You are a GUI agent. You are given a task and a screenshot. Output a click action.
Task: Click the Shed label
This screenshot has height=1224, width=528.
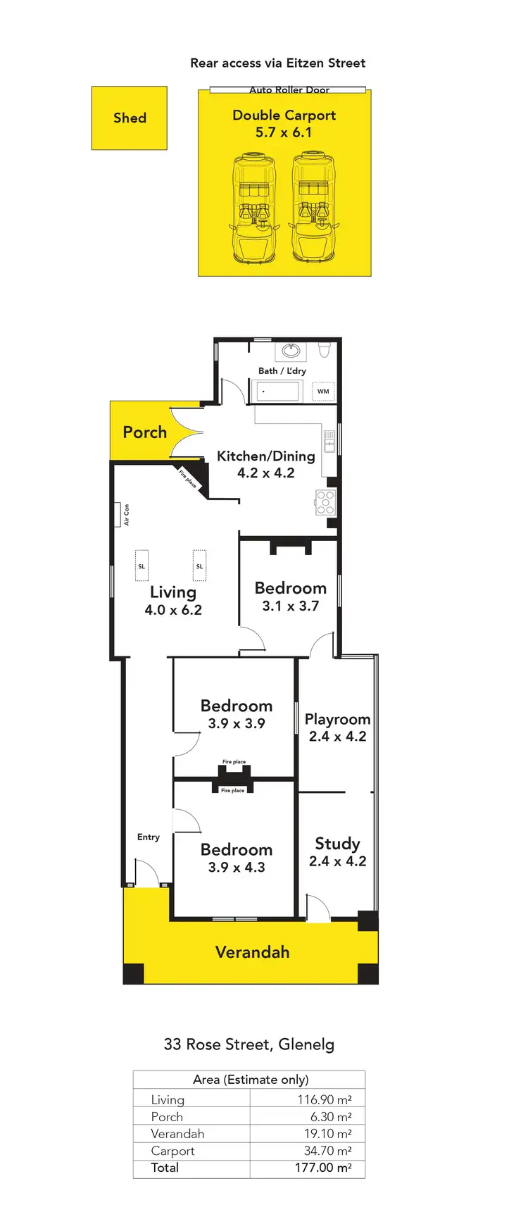pyautogui.click(x=130, y=118)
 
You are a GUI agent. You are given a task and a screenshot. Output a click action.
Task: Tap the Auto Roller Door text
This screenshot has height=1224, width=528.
pyautogui.click(x=289, y=90)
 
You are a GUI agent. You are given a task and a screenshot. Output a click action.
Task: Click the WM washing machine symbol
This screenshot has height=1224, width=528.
pyautogui.click(x=323, y=391)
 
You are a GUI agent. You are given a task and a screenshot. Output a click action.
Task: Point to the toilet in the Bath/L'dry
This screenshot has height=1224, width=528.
pyautogui.click(x=325, y=350)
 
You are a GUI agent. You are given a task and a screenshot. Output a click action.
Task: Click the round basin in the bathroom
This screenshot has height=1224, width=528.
pyautogui.click(x=291, y=351)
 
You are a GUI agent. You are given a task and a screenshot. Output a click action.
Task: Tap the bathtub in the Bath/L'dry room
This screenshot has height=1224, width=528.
pyautogui.click(x=278, y=391)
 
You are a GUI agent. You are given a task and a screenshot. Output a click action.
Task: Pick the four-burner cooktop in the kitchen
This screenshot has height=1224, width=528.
pyautogui.click(x=325, y=501)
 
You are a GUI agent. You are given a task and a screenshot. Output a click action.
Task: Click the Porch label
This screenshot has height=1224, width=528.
pyautogui.click(x=145, y=432)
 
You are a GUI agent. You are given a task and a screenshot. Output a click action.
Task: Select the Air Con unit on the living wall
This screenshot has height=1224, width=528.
pyautogui.click(x=118, y=514)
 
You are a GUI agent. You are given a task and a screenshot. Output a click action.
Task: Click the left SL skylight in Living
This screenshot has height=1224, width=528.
pyautogui.click(x=142, y=566)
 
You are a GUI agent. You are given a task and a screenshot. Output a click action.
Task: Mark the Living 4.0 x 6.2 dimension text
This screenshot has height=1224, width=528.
pyautogui.click(x=173, y=610)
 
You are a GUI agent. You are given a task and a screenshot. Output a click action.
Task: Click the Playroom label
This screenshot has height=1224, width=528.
pyautogui.click(x=337, y=719)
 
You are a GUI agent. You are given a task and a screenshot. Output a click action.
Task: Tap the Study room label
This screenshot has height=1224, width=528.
pyautogui.click(x=337, y=844)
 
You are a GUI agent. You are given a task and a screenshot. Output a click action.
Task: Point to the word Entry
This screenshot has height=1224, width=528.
pyautogui.click(x=148, y=837)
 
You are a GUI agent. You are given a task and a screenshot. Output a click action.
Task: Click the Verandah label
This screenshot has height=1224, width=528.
pyautogui.click(x=252, y=952)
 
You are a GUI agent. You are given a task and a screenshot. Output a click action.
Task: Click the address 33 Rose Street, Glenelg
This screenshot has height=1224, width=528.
pyautogui.click(x=249, y=1044)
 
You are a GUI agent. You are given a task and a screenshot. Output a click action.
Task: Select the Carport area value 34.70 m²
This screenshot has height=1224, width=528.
pyautogui.click(x=327, y=1151)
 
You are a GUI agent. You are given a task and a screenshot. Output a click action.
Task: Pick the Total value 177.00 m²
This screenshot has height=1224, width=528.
pyautogui.click(x=323, y=1168)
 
